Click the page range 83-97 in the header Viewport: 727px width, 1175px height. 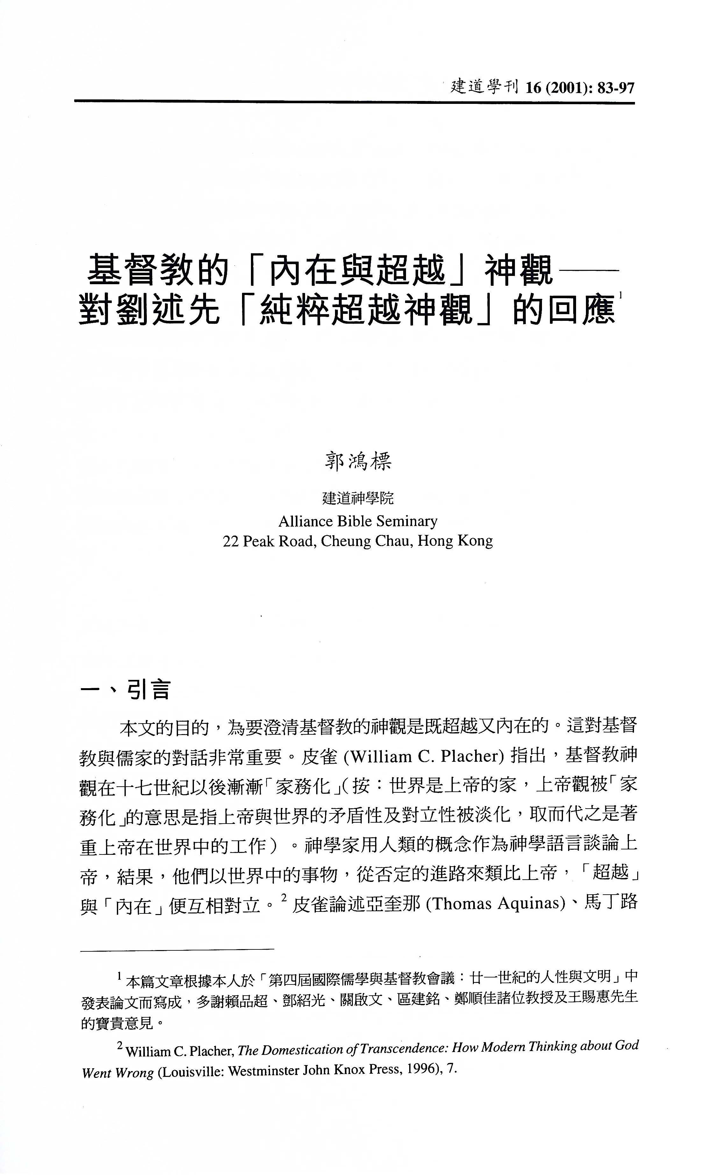pyautogui.click(x=616, y=88)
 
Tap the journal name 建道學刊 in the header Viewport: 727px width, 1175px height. pyautogui.click(x=484, y=87)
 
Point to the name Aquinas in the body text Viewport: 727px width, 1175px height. pyautogui.click(x=531, y=903)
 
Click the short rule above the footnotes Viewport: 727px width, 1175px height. pyautogui.click(x=177, y=949)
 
